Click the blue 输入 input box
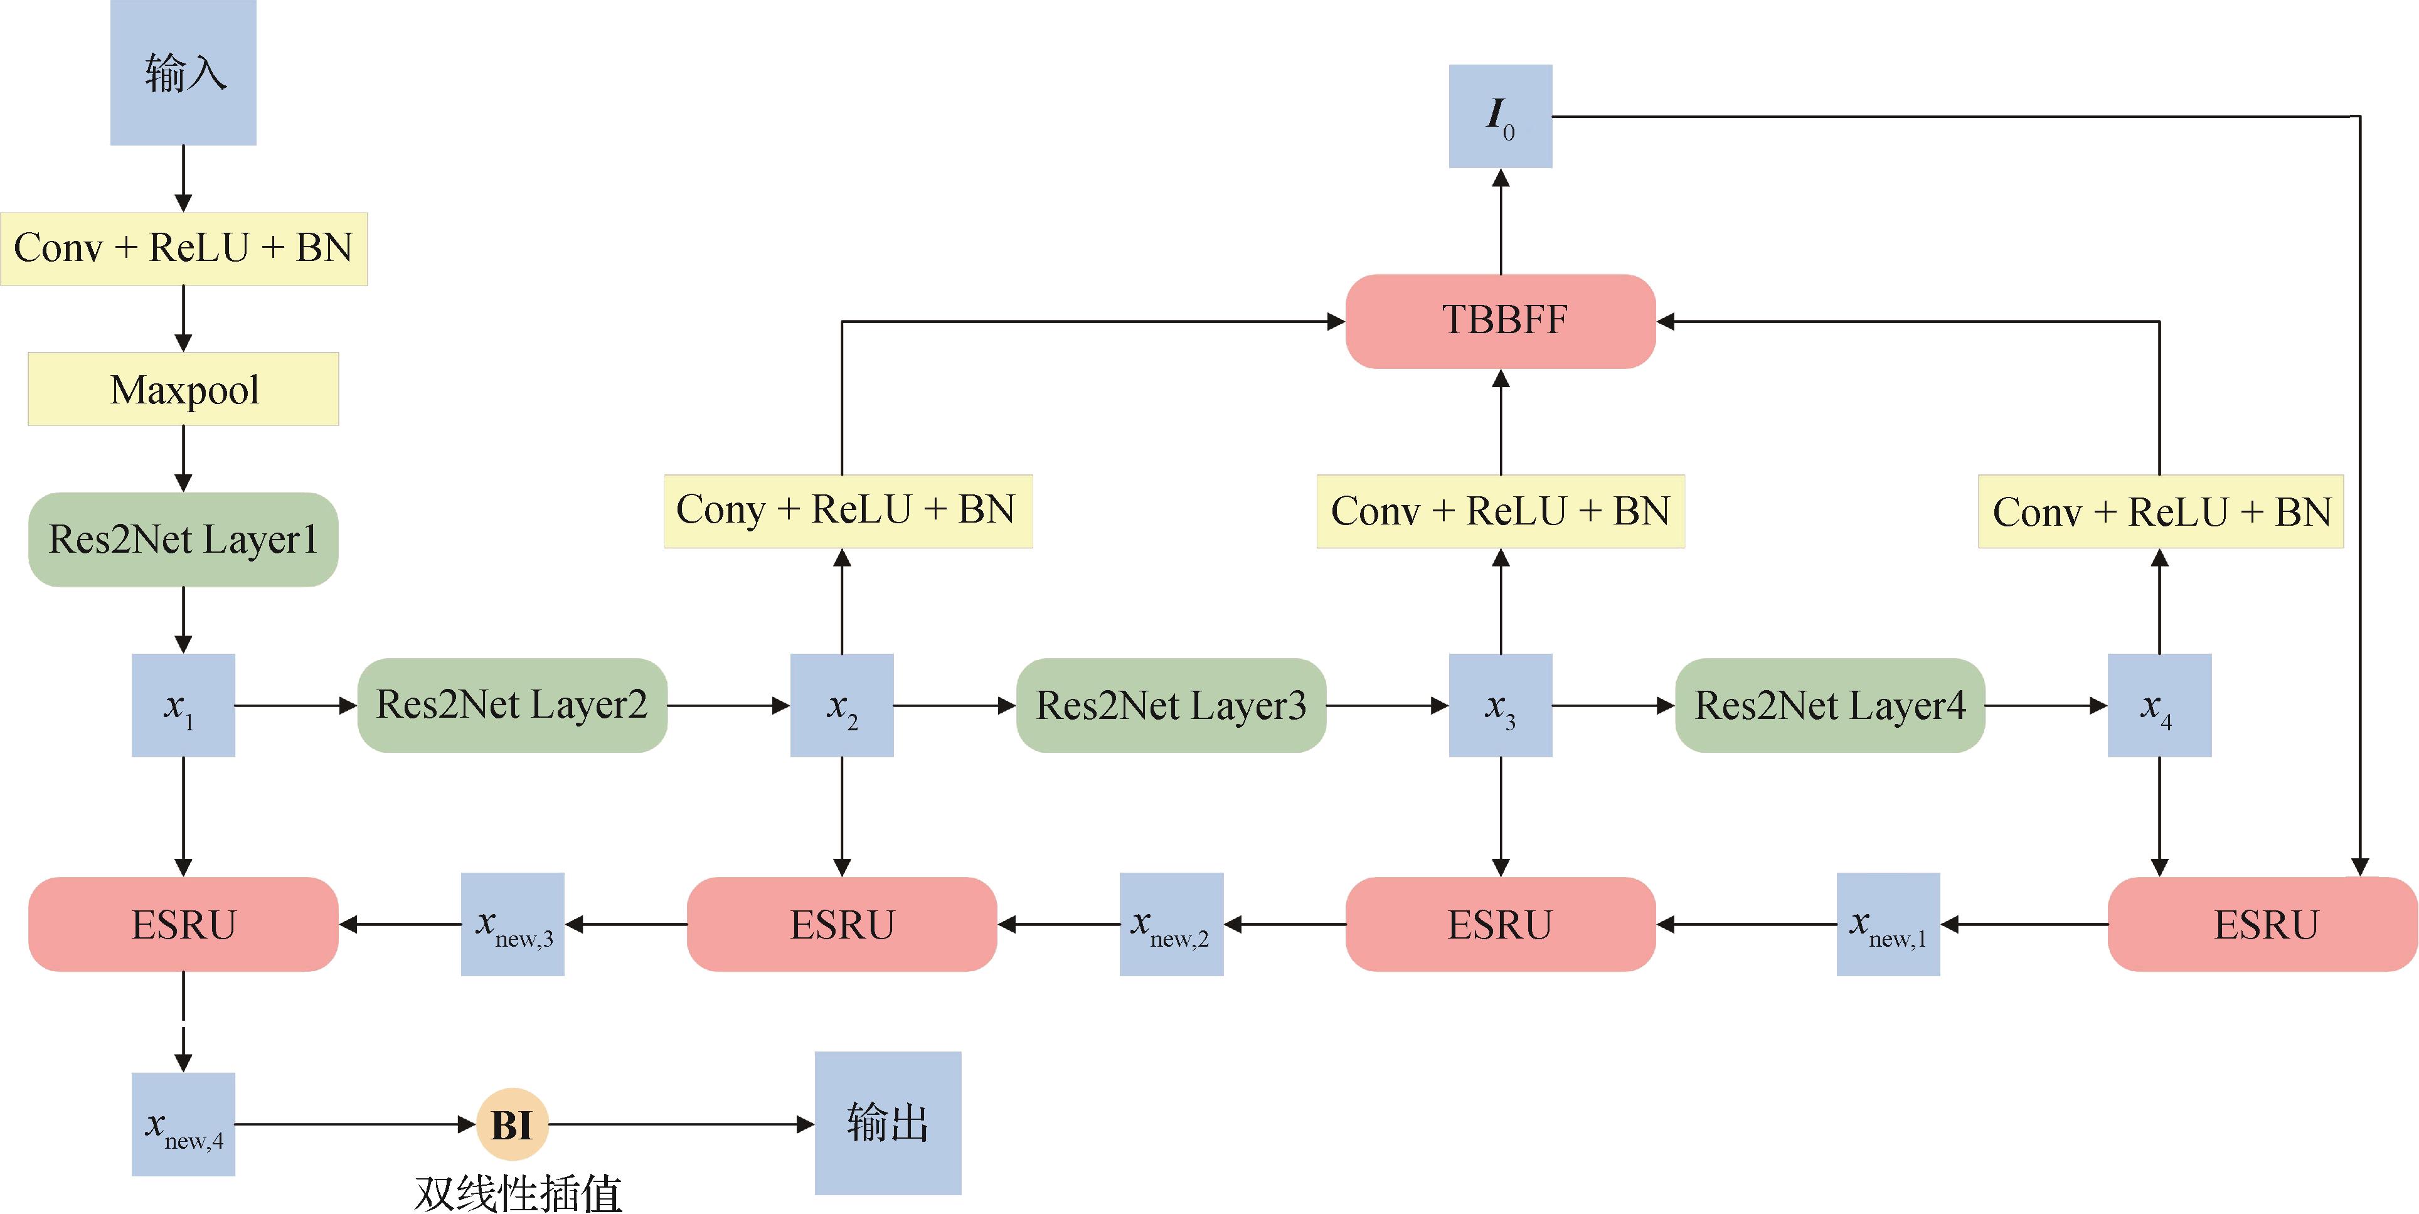pos(183,72)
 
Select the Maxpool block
pos(183,389)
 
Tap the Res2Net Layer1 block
pos(183,539)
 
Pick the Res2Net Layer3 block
pos(1171,705)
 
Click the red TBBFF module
pos(1501,320)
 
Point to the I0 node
pos(1501,117)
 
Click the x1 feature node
pos(183,705)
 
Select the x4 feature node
pos(2159,705)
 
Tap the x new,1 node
pos(1888,925)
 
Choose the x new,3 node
pos(513,925)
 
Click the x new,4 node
pos(183,1124)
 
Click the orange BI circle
pos(512,1124)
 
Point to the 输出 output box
pos(888,1123)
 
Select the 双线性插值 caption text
pos(518,1193)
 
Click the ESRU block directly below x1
pos(183,925)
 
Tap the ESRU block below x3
pos(1501,925)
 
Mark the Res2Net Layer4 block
pos(1829,705)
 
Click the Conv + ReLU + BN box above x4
pos(2161,512)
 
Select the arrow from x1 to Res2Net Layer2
pos(296,705)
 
